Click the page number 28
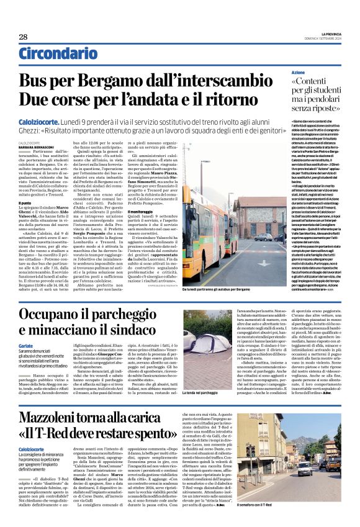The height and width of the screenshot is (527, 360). click(23, 37)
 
